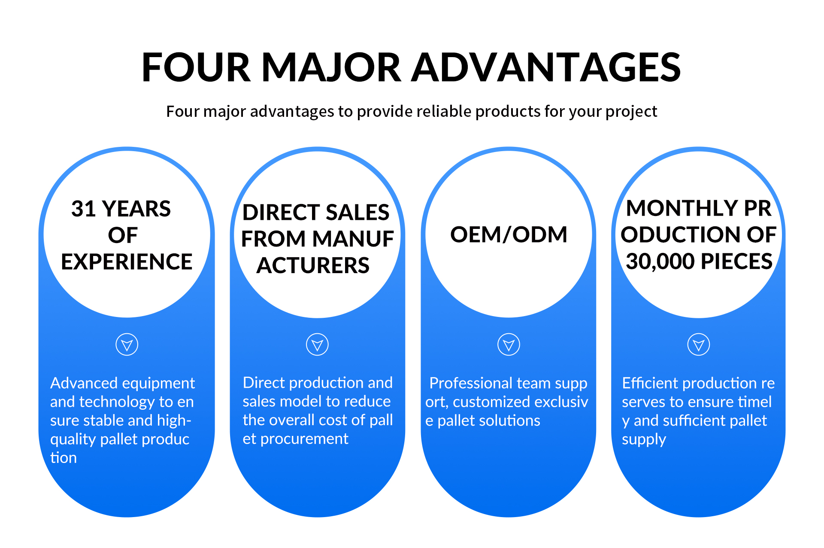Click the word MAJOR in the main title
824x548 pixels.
pos(331,67)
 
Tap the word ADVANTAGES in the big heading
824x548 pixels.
pos(546,67)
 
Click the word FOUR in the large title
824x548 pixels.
pos(196,67)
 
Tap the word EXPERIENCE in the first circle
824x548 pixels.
pos(127,262)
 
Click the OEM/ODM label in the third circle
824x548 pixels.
pos(509,234)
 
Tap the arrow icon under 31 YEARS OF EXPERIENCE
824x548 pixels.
pos(127,344)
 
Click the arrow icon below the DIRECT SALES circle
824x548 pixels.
pos(317,344)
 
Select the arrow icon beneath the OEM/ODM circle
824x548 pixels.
pos(509,344)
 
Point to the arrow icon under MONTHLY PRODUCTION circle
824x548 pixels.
pos(699,344)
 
